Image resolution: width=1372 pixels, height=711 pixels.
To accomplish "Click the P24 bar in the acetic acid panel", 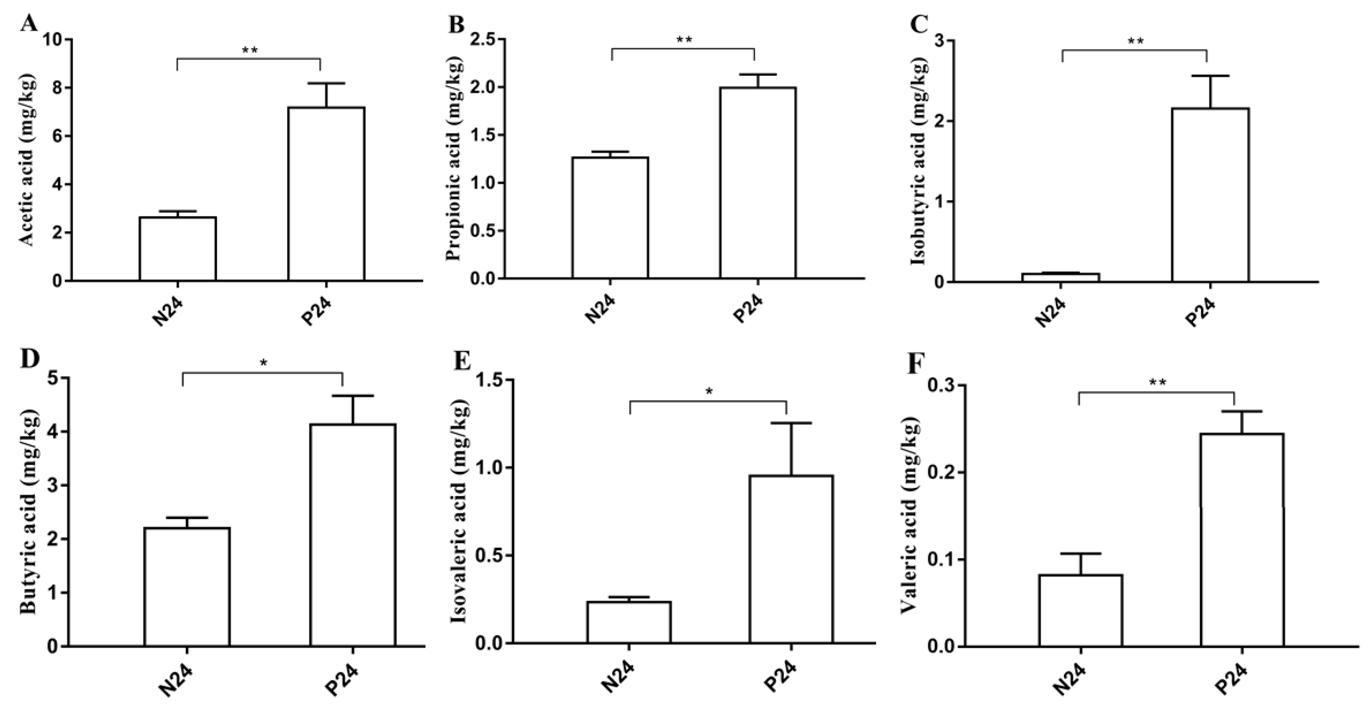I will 326,194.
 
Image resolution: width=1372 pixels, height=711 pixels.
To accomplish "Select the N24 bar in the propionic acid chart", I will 610,218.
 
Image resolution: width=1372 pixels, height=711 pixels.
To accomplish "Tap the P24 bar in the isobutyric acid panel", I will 1210,195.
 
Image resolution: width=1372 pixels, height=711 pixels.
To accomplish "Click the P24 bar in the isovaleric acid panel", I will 791,559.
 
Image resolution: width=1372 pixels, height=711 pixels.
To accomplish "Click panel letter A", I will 29,24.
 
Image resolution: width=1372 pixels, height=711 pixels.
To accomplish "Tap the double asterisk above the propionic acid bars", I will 684,40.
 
